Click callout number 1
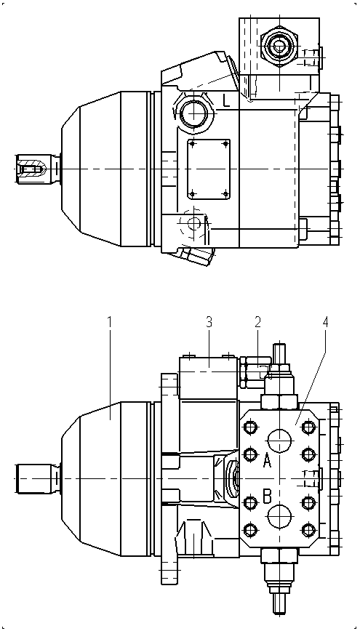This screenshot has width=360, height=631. point(109,322)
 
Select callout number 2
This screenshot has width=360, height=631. point(257,322)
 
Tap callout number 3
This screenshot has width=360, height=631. point(209,322)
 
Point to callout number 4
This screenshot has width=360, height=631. point(325,322)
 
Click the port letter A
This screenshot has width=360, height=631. point(267,461)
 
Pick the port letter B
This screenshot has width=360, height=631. point(267,497)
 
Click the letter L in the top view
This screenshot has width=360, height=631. point(227,100)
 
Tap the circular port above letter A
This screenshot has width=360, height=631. point(279,441)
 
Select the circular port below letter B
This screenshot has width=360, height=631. point(279,516)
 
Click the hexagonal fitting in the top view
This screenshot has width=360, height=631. point(279,47)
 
